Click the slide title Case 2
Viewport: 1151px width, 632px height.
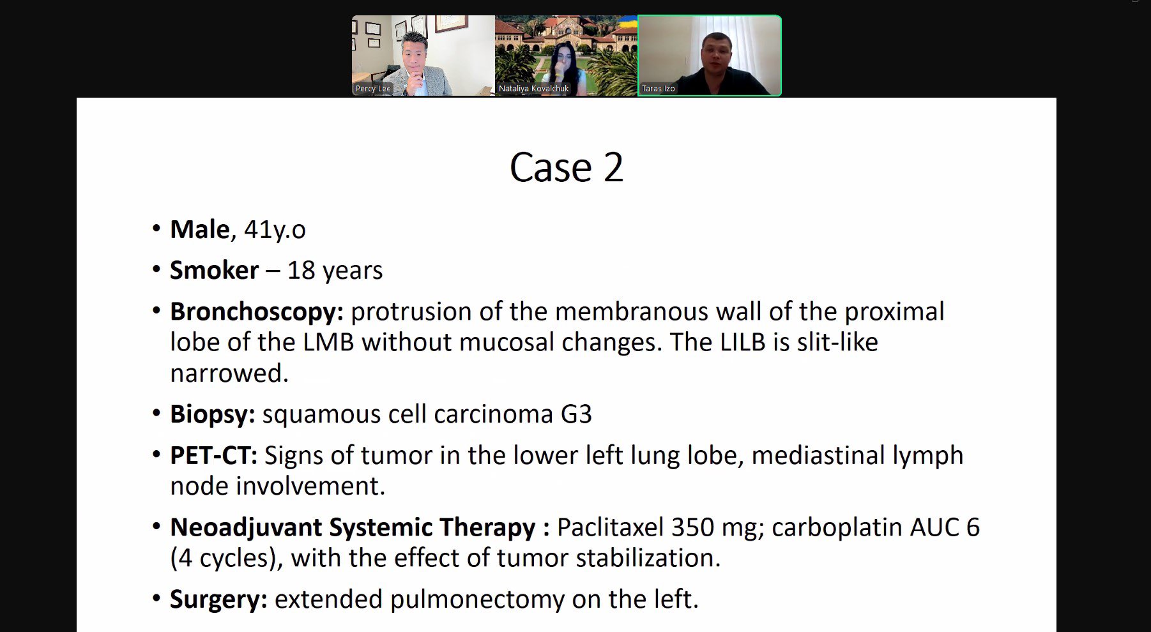coord(566,167)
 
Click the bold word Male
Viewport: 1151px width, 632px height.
coord(199,229)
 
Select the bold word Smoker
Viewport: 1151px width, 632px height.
coord(214,270)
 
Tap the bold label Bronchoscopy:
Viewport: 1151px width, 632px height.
coord(257,312)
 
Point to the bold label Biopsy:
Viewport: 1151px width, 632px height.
coord(213,415)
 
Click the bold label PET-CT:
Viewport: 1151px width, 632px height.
coord(213,455)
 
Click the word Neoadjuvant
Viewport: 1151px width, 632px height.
coord(246,528)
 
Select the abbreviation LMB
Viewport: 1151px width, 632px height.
coord(328,342)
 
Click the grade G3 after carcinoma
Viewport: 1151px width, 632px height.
coord(576,414)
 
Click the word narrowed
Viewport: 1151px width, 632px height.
coord(229,373)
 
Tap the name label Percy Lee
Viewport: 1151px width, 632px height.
coord(373,89)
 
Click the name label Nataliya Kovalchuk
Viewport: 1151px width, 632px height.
coord(533,89)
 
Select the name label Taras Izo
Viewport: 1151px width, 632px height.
coord(658,89)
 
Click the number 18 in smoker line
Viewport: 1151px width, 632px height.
coord(301,270)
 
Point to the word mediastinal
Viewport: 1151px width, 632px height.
coord(818,455)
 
